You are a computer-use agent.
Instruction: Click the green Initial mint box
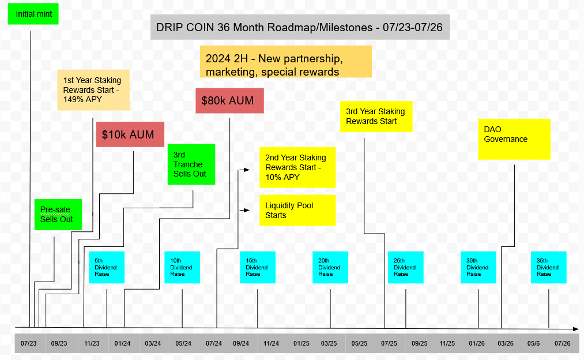[x=33, y=13]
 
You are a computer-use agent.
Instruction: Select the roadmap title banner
[x=300, y=27]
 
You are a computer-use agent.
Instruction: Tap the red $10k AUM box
[x=130, y=134]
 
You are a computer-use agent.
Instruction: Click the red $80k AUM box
[x=229, y=100]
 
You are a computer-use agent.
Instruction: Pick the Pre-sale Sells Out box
[x=58, y=214]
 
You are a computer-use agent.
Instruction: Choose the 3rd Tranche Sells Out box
[x=191, y=164]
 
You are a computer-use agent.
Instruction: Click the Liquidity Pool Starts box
[x=297, y=210]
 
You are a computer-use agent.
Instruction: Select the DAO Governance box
[x=514, y=139]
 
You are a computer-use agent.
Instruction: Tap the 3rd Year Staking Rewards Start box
[x=376, y=117]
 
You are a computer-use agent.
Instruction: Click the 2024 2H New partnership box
[x=285, y=61]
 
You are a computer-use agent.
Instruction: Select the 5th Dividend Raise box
[x=107, y=267]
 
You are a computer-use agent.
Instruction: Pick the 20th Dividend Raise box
[x=330, y=267]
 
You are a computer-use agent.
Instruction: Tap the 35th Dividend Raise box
[x=548, y=267]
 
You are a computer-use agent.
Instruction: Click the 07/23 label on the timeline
[x=28, y=343]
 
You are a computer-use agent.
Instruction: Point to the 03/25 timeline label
[x=329, y=343]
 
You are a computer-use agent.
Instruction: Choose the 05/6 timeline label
[x=533, y=343]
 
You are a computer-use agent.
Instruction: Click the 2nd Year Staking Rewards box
[x=297, y=167]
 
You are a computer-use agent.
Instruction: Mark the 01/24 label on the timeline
[x=122, y=343]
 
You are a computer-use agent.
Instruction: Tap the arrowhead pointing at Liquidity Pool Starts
[x=247, y=210]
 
